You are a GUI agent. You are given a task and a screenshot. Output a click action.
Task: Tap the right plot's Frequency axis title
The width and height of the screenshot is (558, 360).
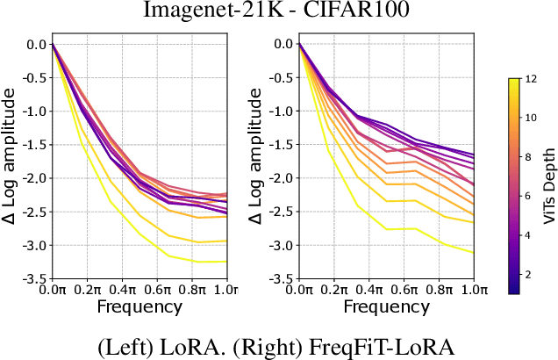[387, 306]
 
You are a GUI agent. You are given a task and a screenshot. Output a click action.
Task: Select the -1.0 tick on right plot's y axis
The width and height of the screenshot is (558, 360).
[281, 112]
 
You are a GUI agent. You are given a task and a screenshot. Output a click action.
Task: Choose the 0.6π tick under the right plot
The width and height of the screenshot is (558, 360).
[405, 291]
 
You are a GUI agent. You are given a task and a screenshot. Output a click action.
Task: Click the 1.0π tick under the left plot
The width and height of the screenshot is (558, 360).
[225, 291]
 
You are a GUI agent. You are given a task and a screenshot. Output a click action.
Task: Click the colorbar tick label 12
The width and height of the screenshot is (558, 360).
[529, 79]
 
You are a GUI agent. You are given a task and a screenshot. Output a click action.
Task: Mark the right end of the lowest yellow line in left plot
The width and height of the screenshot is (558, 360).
[226, 262]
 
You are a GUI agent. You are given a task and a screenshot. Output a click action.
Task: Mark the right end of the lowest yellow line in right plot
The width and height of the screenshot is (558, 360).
[475, 252]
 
